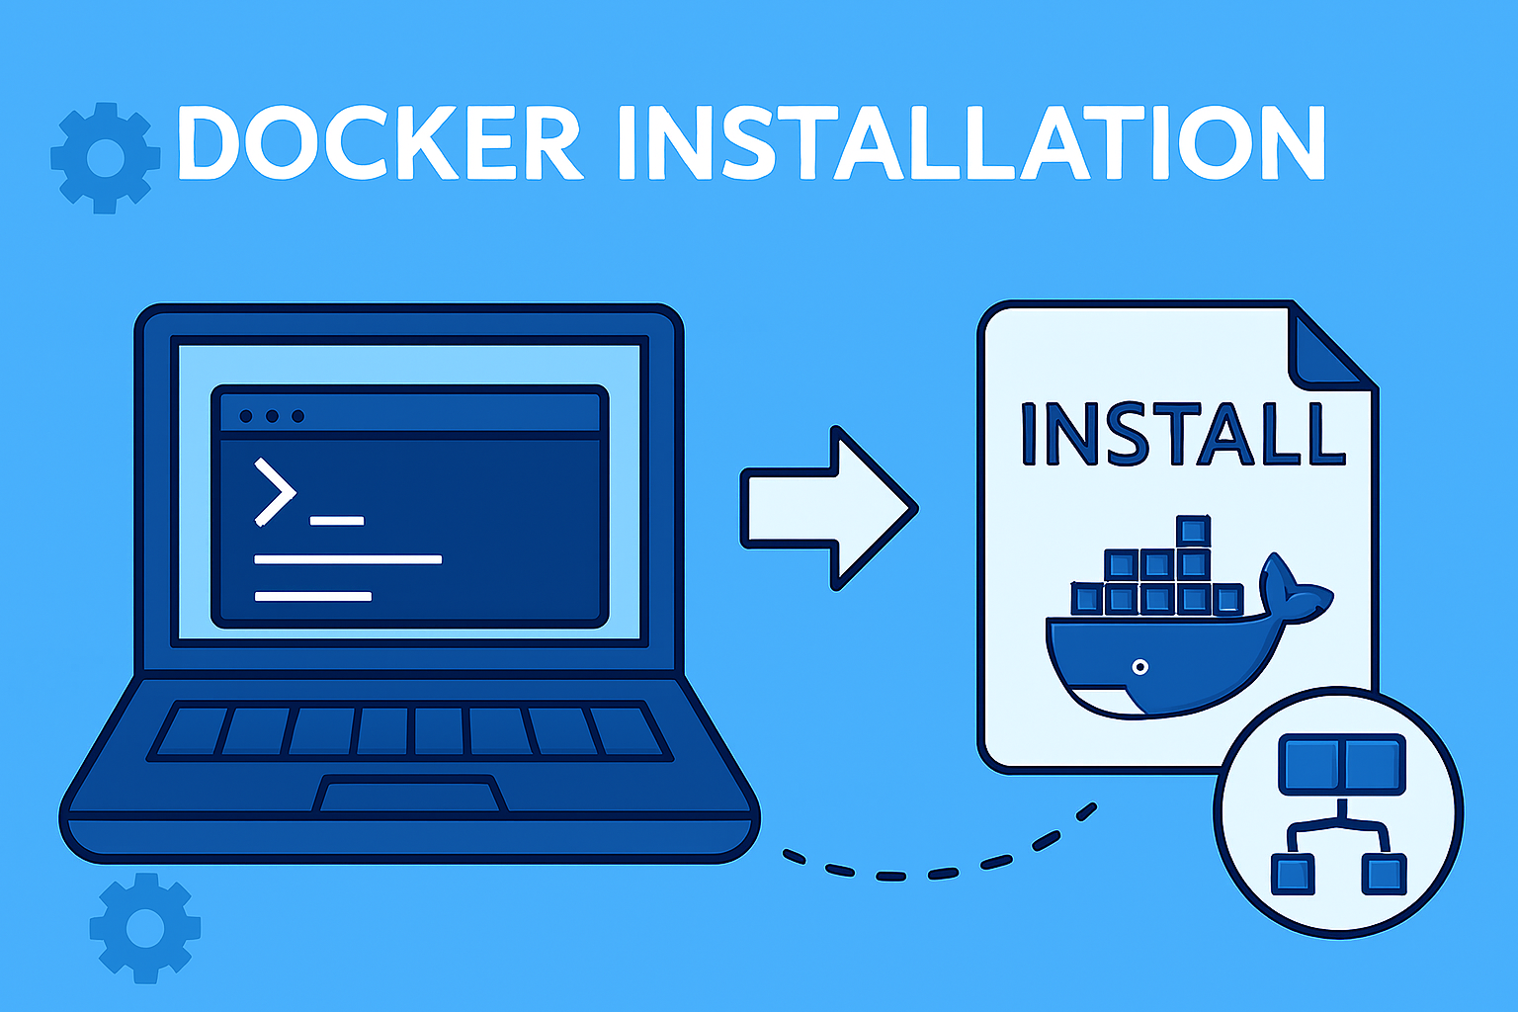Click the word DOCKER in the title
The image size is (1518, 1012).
379,144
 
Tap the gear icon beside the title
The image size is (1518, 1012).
106,157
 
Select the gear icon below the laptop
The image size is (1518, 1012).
145,927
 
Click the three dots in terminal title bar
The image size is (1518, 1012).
272,416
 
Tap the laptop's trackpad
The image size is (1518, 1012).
410,795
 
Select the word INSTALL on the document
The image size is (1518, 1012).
1182,434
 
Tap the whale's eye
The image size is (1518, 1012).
1140,667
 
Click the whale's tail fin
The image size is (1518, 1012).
1294,590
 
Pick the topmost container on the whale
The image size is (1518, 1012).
1194,531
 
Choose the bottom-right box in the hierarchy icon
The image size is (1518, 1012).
1383,874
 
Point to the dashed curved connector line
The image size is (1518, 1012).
939,866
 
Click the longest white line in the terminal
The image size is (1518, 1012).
348,559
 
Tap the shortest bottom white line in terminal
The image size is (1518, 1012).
313,596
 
